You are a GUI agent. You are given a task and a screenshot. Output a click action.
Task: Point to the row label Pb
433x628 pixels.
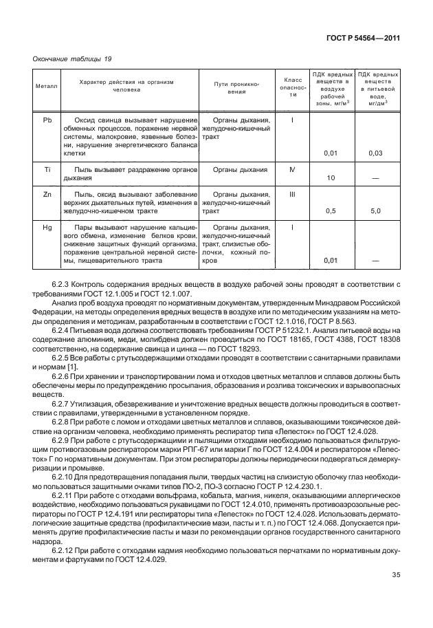[47, 120]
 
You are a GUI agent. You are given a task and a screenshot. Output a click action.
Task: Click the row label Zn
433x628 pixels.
[47, 195]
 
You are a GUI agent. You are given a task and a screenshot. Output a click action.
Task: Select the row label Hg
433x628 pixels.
[47, 228]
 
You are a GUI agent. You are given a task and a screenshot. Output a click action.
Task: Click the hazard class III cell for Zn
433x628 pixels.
[293, 195]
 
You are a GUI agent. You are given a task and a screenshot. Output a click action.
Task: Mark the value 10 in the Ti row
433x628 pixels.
[331, 178]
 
